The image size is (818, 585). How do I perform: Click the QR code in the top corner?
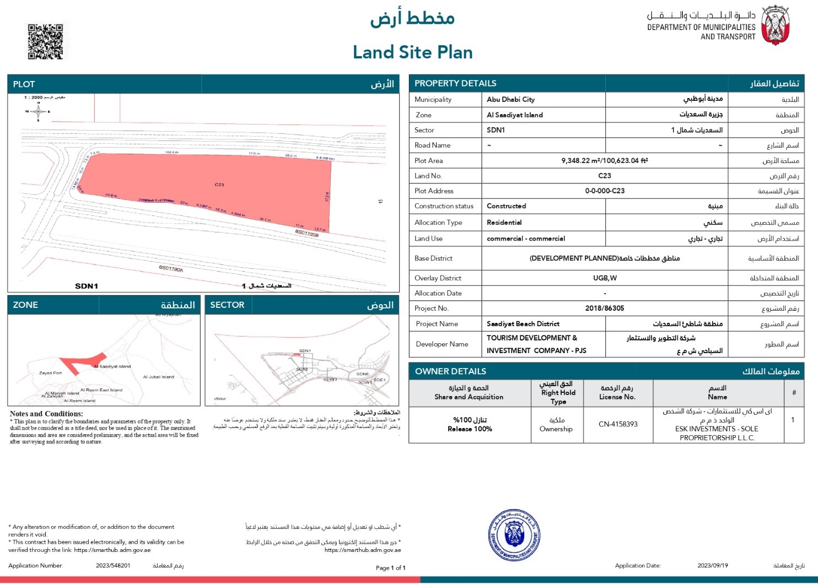click(45, 41)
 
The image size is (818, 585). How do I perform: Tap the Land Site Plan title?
click(412, 52)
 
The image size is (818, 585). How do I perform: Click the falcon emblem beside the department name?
click(776, 25)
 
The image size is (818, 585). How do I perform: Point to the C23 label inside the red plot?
click(219, 185)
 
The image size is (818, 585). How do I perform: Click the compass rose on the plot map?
click(38, 112)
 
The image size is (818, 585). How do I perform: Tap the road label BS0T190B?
click(307, 233)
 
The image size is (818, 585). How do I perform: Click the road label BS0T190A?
click(171, 269)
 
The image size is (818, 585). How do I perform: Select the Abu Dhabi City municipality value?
click(510, 100)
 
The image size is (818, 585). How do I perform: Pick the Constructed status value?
click(506, 206)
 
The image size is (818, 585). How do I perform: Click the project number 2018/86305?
click(604, 308)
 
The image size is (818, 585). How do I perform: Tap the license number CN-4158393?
click(618, 424)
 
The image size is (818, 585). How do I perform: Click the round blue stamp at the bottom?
click(515, 535)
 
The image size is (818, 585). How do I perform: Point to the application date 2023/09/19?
click(712, 566)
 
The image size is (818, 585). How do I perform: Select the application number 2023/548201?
click(113, 566)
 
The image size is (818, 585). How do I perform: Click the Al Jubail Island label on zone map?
click(158, 377)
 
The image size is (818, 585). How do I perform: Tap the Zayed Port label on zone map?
click(50, 373)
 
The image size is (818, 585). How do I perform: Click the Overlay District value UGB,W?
click(604, 278)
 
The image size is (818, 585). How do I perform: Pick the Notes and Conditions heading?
click(46, 414)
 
